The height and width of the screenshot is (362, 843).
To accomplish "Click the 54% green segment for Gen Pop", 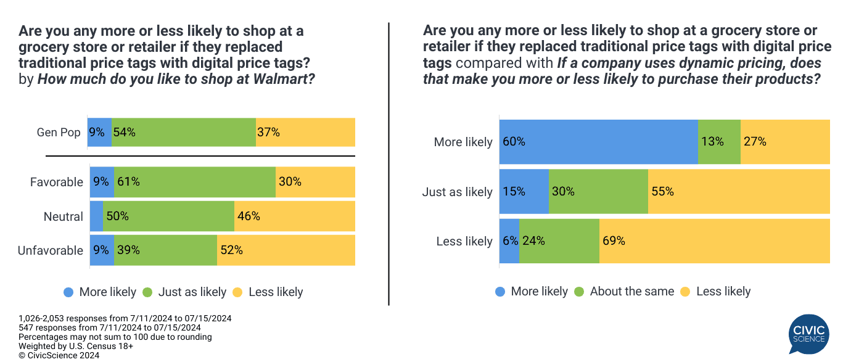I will [184, 132].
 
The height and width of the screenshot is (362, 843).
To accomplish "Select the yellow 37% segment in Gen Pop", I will [305, 132].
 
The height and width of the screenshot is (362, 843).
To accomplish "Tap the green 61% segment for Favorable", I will [195, 182].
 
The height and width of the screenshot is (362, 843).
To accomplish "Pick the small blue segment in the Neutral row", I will [96, 216].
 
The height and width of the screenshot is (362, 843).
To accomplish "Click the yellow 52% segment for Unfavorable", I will [286, 250].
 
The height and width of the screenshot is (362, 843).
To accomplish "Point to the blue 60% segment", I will [598, 142].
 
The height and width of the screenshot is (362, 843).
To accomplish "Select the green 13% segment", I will [719, 142].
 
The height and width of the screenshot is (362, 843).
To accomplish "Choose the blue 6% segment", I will [509, 241].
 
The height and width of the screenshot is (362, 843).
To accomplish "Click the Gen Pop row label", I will [58, 133].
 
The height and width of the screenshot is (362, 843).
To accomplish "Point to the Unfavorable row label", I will [51, 250].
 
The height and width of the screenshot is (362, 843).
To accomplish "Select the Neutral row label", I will [64, 216].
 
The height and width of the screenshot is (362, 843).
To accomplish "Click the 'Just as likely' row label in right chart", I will [457, 192].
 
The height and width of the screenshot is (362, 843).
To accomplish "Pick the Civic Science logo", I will [808, 334].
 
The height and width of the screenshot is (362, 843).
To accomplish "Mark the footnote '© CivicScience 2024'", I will [59, 355].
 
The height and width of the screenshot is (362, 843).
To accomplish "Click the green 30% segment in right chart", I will [598, 192].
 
